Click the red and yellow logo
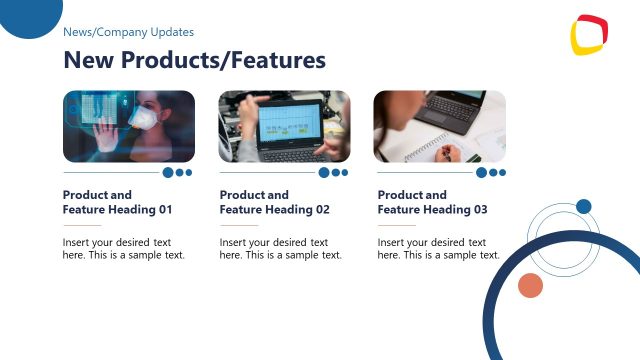point(589,35)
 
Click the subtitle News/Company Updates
point(128,32)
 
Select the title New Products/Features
point(194,60)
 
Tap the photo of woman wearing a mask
point(128,126)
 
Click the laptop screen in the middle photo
point(289,125)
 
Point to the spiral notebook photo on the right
point(439,126)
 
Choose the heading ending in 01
point(117,202)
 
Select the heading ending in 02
point(274,202)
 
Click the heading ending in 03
point(432,202)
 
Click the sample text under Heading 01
point(123,248)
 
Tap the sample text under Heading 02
point(280,248)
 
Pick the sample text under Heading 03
point(438,248)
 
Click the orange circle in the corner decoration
point(530,286)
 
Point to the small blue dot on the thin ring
point(583,206)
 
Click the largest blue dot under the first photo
point(168,172)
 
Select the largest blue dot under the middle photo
point(324,172)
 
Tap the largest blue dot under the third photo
point(482,172)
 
